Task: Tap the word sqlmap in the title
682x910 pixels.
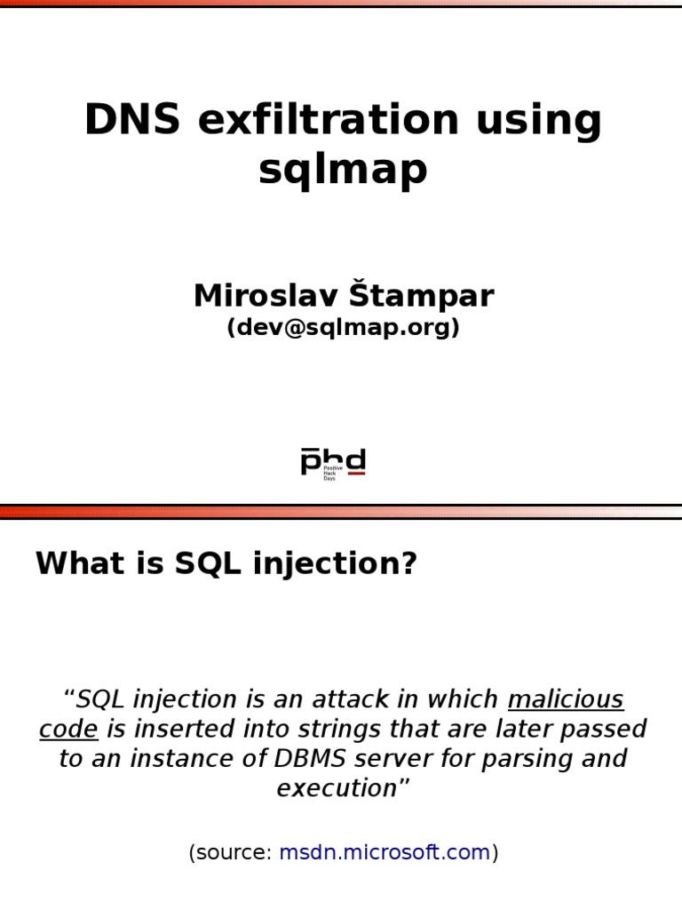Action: tap(343, 169)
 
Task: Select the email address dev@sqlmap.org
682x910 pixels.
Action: tap(343, 328)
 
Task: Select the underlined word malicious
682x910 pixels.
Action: tap(566, 700)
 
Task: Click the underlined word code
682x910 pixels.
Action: tap(68, 730)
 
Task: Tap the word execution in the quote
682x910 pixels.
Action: tap(336, 788)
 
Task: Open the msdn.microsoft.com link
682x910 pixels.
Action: tap(385, 853)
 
